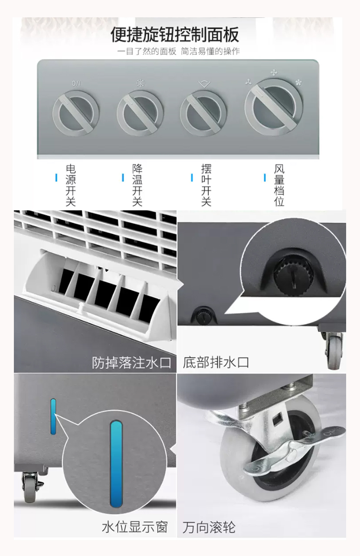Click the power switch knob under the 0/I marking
point(76,113)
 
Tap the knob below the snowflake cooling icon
point(140,113)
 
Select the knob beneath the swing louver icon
point(203,113)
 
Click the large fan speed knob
point(274,107)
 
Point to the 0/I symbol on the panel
point(76,83)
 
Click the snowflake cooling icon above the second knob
point(141,83)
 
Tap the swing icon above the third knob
point(204,84)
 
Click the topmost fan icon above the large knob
point(274,72)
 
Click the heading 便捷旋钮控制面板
point(175,35)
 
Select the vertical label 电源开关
point(71,185)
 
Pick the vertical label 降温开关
point(137,185)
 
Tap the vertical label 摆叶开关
point(206,185)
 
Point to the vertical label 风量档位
point(279,185)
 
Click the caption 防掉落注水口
point(131,363)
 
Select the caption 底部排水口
point(216,363)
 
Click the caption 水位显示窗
point(135,527)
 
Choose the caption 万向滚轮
point(209,527)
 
